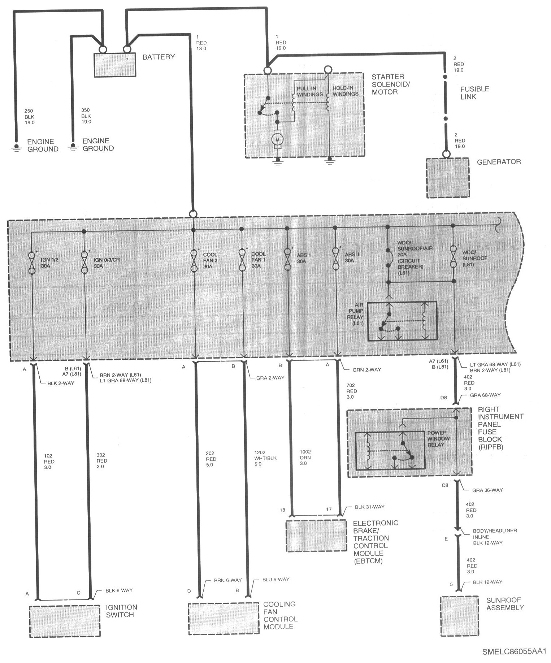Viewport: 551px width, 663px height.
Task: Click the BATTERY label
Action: tap(159, 57)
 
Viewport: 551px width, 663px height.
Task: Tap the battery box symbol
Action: tap(115, 65)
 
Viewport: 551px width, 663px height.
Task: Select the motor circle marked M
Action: tap(278, 139)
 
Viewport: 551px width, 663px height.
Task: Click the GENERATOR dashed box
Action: tap(447, 178)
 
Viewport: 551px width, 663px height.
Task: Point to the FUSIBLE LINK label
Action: tap(474, 93)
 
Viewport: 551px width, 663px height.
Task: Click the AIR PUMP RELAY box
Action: tap(402, 321)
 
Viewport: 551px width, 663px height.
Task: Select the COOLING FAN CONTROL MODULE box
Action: tap(224, 619)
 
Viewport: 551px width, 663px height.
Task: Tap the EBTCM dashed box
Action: tap(316, 536)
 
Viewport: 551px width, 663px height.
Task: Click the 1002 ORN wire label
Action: tap(305, 457)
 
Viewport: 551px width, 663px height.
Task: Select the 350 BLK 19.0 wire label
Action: tap(87, 116)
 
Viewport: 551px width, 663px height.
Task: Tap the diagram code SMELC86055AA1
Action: tap(514, 652)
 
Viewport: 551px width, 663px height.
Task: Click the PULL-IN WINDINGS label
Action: tap(310, 91)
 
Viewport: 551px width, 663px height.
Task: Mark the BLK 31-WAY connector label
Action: tap(370, 507)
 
